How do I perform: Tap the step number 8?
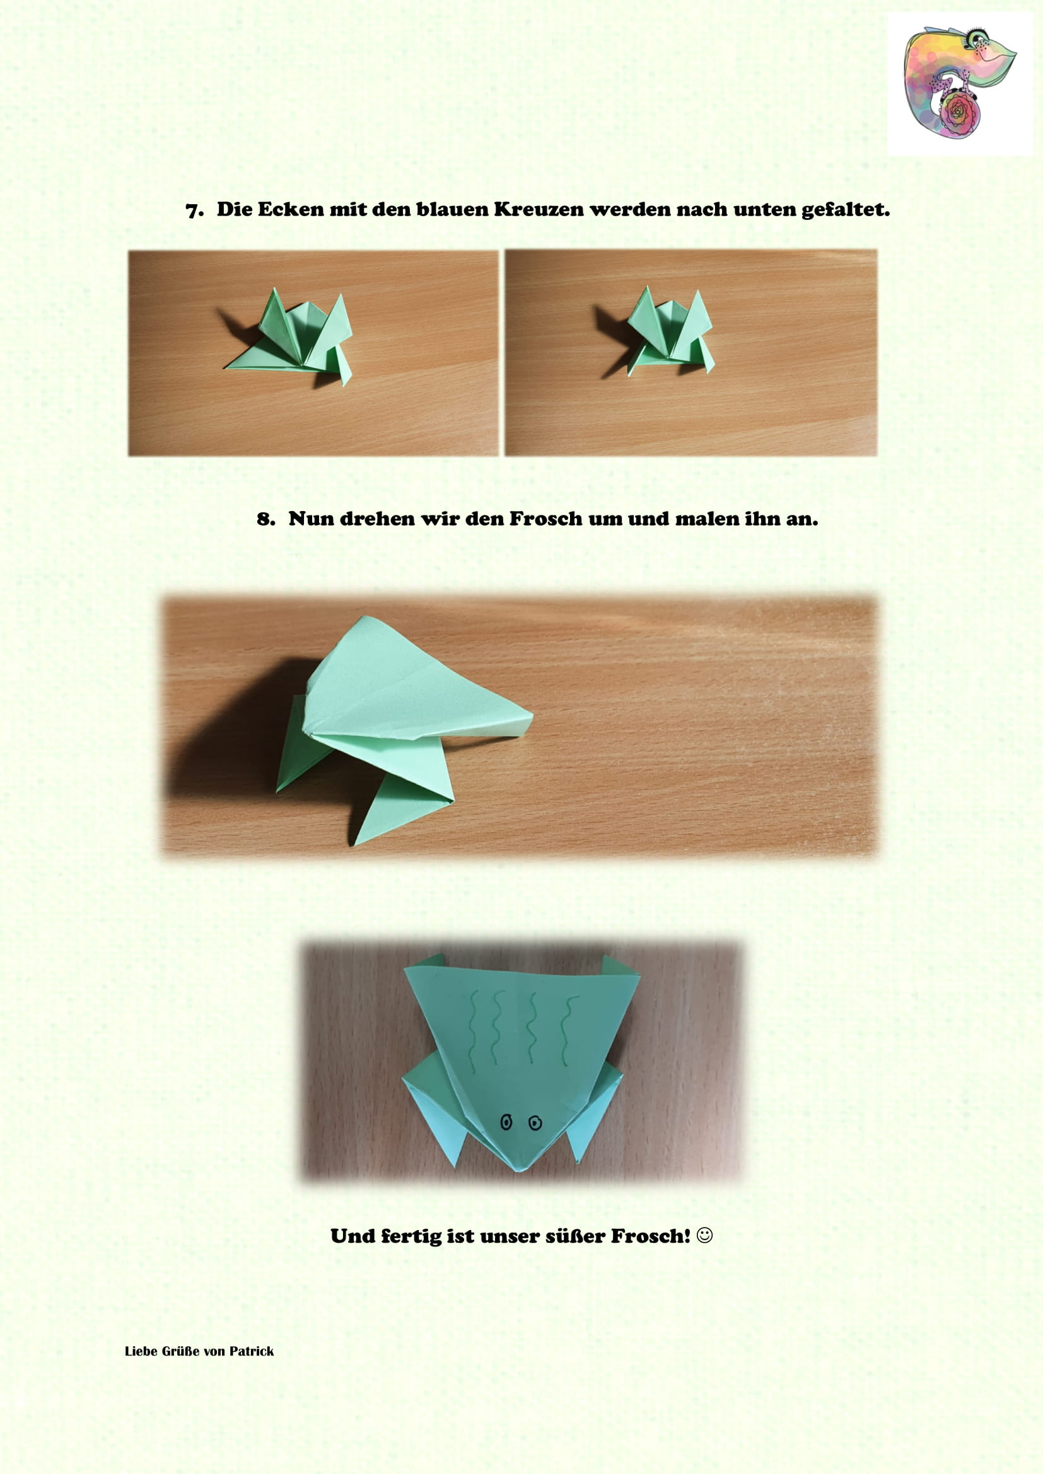pos(265,519)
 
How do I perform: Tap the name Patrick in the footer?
pos(252,1351)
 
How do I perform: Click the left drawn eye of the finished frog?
pos(506,1122)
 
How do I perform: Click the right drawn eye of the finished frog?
pos(535,1122)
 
